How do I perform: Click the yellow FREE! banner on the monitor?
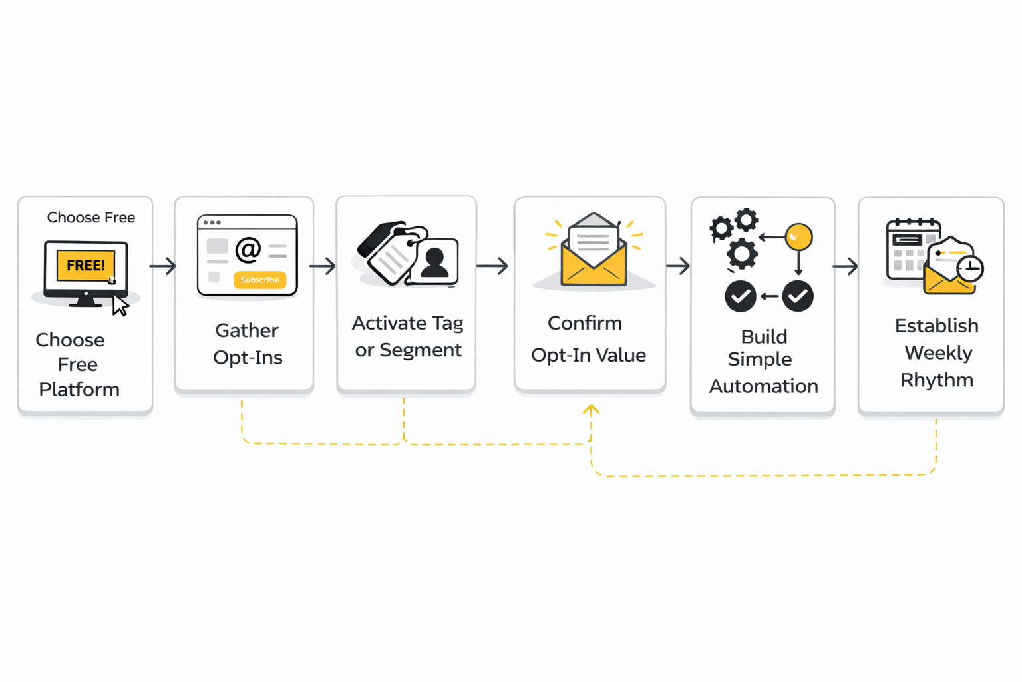coord(86,265)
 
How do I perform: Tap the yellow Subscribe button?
coord(259,280)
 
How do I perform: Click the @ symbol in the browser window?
coord(248,250)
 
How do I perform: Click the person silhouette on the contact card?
coord(434,261)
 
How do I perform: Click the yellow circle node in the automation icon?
coord(798,237)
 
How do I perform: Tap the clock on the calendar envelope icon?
coord(970,268)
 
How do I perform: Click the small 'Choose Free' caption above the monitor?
coord(91,218)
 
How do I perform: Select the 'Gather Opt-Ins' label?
coord(248,344)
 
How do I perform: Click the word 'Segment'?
coord(421,350)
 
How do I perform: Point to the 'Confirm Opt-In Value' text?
coord(588,339)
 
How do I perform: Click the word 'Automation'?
coord(763,386)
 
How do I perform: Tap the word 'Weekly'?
coord(938,353)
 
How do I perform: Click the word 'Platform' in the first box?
coord(79,390)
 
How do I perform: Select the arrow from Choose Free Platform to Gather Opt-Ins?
coord(163,266)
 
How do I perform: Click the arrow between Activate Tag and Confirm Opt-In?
coord(492,266)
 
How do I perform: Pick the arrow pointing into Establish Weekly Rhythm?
coord(845,266)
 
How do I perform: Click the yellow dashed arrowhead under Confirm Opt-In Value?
coord(591,409)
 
